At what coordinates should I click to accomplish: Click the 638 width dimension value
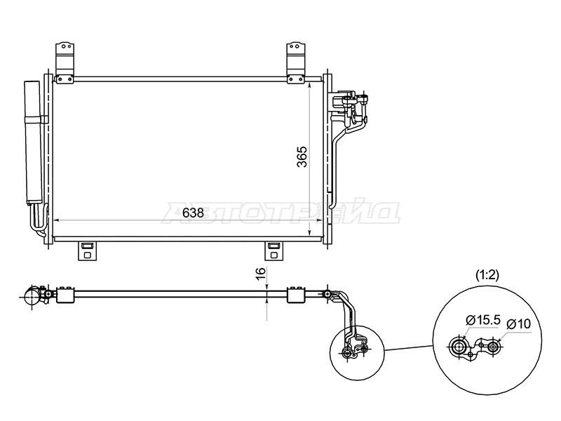coord(193,213)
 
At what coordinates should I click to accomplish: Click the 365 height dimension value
coord(302,156)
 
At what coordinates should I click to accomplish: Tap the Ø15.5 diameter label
coord(482,320)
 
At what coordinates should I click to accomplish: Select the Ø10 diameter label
coord(519,324)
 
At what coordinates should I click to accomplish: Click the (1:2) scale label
coord(487,275)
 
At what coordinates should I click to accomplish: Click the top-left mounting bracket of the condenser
coord(65,63)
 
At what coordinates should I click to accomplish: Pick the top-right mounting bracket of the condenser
coord(296,63)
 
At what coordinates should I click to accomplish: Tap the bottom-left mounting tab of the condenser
coord(87,251)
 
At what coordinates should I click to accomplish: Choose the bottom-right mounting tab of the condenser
coord(274,251)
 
